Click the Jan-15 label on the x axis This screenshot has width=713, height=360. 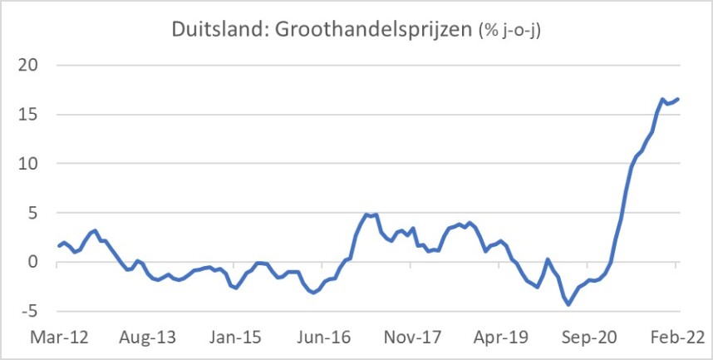click(235, 338)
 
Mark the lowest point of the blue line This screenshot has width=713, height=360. click(568, 304)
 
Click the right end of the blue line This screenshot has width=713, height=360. click(678, 99)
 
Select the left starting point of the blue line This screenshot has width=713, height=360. click(58, 246)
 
